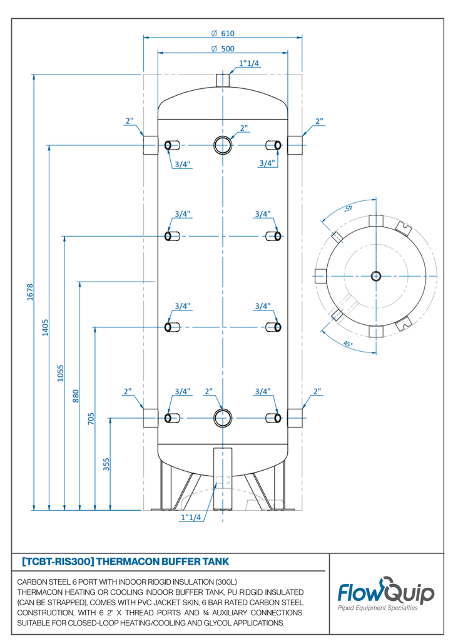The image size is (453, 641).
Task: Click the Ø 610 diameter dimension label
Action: click(x=223, y=34)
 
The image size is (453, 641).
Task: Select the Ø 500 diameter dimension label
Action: click(x=223, y=49)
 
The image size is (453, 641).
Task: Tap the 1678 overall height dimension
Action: click(x=29, y=292)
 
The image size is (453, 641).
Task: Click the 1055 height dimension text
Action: click(x=61, y=372)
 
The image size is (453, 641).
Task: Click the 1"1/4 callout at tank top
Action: click(x=249, y=64)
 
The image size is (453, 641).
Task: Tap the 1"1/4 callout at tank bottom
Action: click(x=191, y=518)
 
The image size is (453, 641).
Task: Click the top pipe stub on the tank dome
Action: click(x=223, y=81)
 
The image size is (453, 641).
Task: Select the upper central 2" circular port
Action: click(x=223, y=145)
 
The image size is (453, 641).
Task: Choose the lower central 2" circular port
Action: click(x=223, y=417)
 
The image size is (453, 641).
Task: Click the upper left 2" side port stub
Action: click(x=150, y=145)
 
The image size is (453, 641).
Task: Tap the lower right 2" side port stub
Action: click(x=295, y=418)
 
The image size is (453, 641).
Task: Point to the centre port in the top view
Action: click(x=375, y=276)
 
